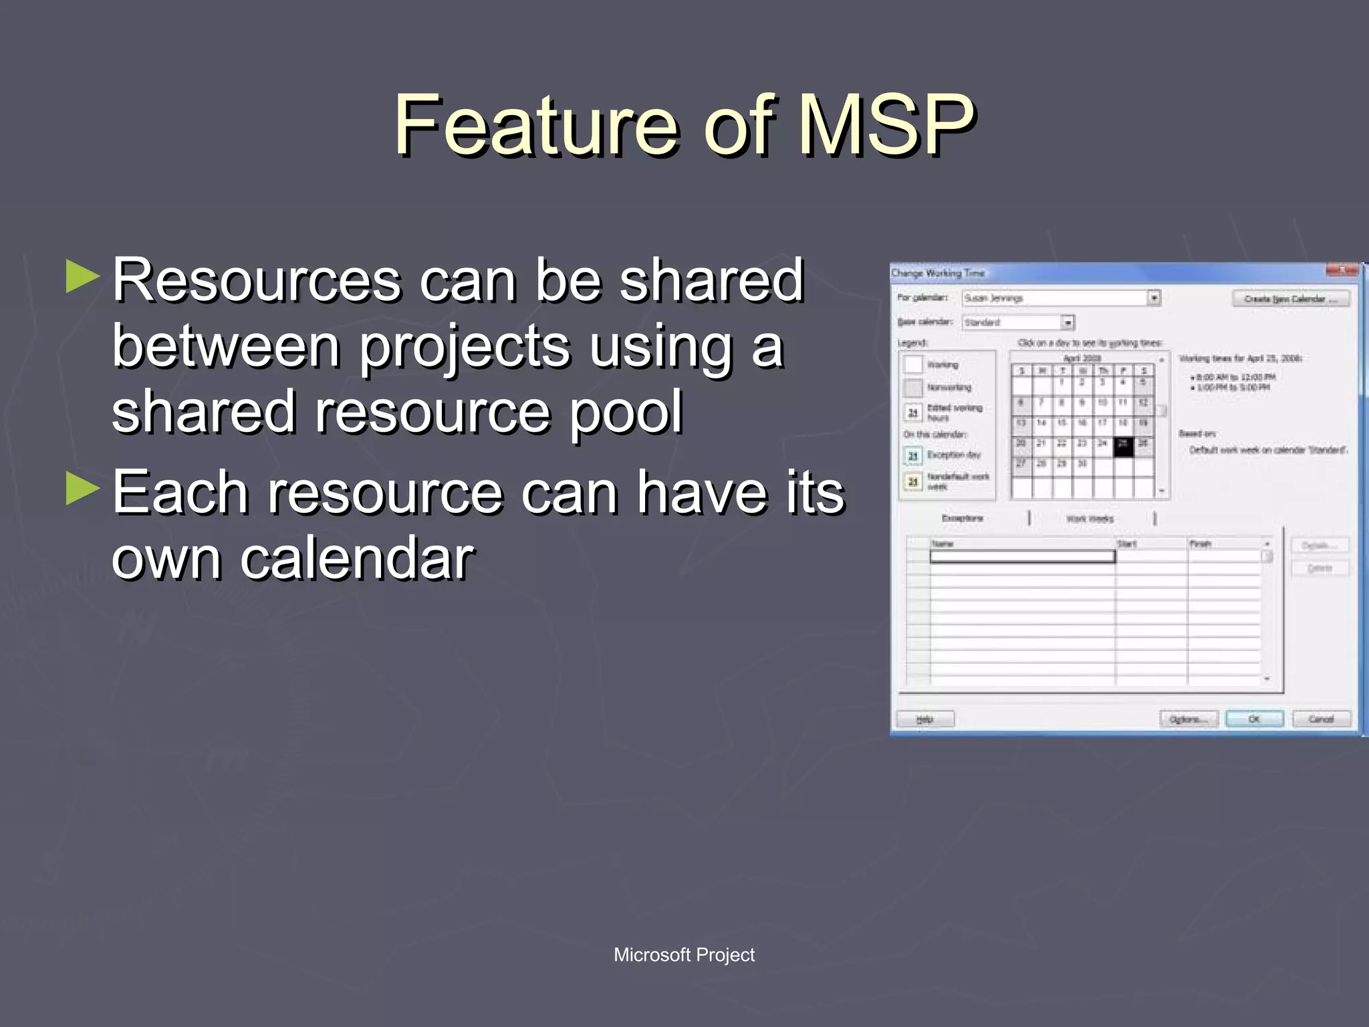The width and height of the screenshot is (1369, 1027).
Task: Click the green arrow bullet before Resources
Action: (83, 277)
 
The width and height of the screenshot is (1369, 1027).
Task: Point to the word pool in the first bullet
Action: (626, 412)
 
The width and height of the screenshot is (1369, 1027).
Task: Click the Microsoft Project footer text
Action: (684, 954)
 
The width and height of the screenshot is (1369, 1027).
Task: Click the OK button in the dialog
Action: (1254, 719)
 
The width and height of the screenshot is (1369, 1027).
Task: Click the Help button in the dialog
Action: (925, 719)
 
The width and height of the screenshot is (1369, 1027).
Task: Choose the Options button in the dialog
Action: (1189, 719)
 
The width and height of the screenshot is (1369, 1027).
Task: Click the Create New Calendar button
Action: (1290, 299)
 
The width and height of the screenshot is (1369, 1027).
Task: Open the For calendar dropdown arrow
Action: (1154, 298)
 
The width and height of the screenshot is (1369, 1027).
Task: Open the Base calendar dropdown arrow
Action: (1068, 322)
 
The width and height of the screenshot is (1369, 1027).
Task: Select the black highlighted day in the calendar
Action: (1123, 447)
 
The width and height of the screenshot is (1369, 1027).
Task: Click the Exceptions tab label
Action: (963, 518)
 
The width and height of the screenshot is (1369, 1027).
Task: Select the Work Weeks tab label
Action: (1090, 518)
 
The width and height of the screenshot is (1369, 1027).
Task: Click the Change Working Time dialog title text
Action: (938, 273)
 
